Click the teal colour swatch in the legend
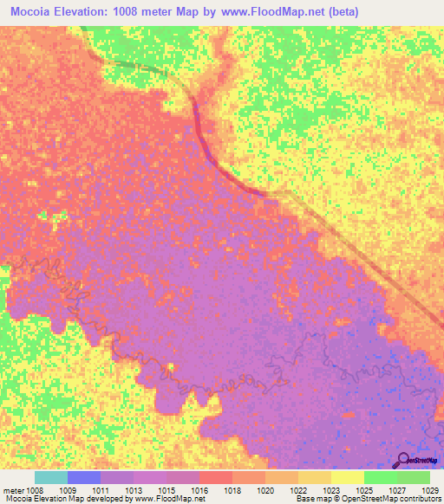(51, 477)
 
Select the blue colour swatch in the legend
(84, 477)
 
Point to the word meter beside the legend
(12, 489)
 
